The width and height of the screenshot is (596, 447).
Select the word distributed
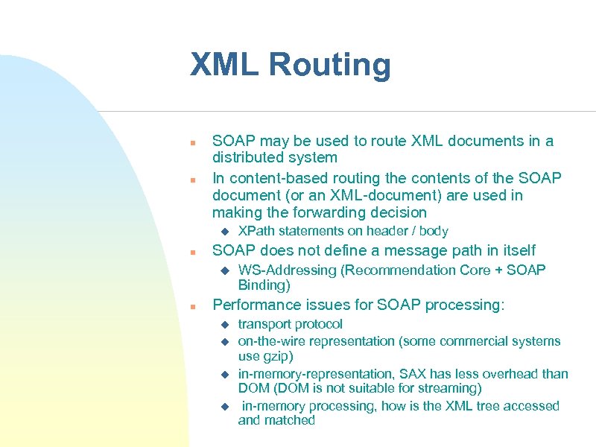(245, 157)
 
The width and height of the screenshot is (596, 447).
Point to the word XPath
(256, 231)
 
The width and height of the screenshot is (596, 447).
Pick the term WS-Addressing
(287, 270)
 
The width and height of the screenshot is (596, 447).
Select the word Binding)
(264, 285)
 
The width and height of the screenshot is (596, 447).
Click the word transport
(264, 324)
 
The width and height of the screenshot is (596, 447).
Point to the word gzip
(276, 356)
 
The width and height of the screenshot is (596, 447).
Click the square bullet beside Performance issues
(192, 306)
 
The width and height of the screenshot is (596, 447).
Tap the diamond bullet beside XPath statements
(223, 231)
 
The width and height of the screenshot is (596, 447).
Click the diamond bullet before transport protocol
(223, 324)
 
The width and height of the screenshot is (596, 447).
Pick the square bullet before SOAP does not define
(192, 251)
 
